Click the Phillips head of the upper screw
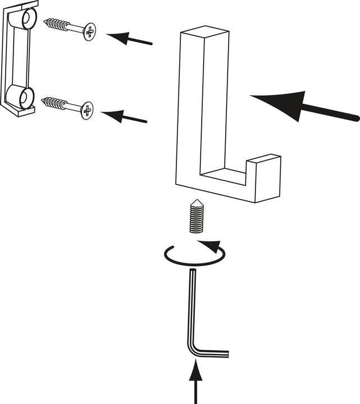coord(89,31)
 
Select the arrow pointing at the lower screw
coord(125,117)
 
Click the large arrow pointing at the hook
coord(303,107)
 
